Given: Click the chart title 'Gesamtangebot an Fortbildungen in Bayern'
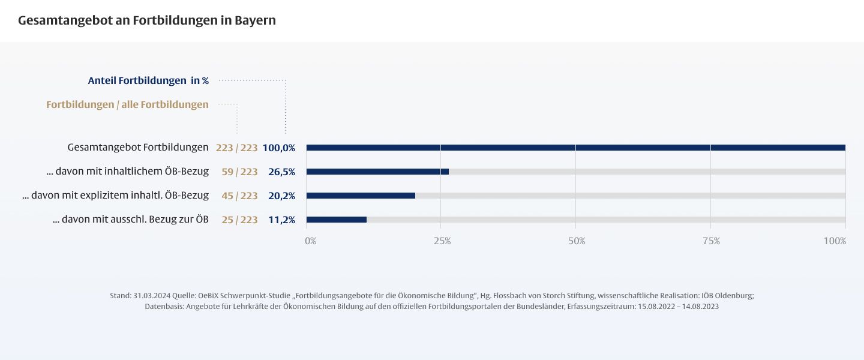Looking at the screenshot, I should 147,20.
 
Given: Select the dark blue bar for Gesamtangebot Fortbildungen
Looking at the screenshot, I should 575,148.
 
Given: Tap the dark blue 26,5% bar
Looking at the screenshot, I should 377,172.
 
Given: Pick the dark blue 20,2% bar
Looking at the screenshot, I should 361,196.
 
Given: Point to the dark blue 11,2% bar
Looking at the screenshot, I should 336,220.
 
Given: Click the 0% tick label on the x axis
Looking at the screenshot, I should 310,241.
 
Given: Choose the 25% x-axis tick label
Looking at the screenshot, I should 442,241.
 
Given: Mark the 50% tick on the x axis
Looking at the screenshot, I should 577,241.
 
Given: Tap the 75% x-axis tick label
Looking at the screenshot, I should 711,241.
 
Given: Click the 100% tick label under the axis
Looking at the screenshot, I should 835,241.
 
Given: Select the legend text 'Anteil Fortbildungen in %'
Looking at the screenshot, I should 148,80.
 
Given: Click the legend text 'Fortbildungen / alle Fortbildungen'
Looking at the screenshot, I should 127,104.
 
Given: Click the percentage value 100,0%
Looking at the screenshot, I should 279,148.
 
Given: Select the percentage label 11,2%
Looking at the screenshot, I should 281,220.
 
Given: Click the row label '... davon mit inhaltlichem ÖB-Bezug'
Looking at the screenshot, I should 127,172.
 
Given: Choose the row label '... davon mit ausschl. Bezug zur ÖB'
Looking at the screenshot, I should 131,220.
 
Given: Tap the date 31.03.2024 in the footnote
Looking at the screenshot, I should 151,296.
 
